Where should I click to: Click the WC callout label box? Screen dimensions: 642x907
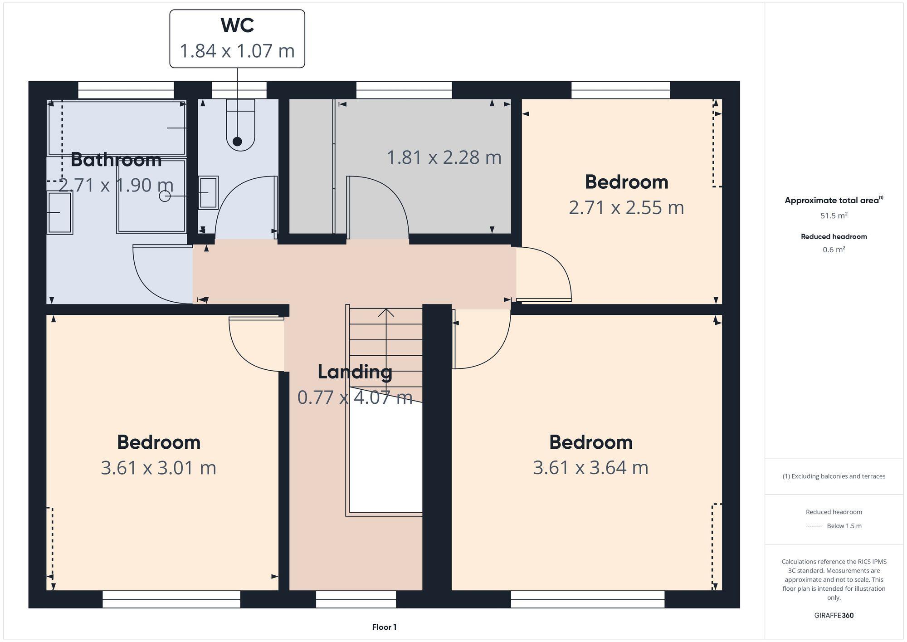237,39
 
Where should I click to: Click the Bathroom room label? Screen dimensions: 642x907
116,160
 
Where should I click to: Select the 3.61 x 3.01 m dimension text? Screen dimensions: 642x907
158,468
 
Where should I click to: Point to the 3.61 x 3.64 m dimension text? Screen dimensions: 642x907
590,468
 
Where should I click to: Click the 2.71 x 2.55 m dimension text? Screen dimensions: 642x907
626,207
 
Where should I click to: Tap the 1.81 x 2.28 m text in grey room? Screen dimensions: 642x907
444,157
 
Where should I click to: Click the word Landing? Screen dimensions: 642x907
355,372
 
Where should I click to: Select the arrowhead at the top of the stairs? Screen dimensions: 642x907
386,312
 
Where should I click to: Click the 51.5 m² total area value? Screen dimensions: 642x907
834,216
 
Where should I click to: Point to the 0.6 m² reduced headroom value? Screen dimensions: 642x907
834,250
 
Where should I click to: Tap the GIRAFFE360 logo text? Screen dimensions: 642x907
834,615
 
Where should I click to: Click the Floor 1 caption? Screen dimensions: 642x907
384,627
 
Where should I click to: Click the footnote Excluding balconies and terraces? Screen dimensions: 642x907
834,476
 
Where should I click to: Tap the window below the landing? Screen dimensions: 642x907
356,599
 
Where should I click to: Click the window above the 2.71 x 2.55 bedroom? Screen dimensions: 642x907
620,90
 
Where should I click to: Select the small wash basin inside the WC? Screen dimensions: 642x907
208,193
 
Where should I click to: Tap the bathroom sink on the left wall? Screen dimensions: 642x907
60,212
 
